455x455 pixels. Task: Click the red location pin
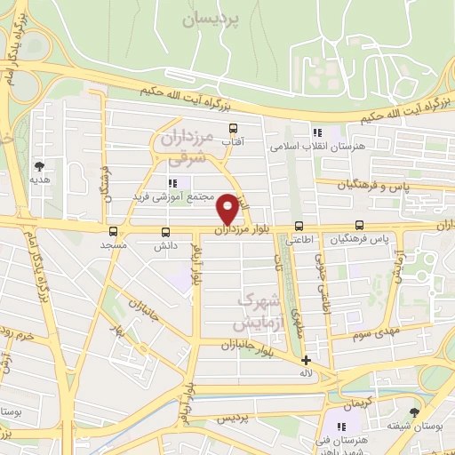228,208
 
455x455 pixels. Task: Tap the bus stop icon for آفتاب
234,128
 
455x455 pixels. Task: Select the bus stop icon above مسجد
113,231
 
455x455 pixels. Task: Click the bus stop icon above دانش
164,231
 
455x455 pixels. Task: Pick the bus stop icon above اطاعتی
299,226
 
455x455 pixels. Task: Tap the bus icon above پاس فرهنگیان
359,226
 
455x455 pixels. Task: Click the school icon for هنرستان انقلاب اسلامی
317,132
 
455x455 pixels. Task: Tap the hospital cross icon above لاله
306,361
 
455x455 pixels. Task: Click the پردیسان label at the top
212,18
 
